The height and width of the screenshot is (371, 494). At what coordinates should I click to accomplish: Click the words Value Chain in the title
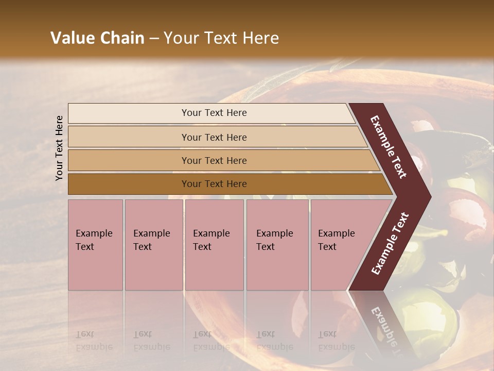point(97,38)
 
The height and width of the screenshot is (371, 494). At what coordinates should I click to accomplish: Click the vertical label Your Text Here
point(60,148)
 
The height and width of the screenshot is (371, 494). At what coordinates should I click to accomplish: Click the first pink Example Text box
point(95,245)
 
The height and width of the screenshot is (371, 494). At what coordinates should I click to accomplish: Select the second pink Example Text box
point(153,245)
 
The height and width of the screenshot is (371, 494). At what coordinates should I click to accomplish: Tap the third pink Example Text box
point(214,245)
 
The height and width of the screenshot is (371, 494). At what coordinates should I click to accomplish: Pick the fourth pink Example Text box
point(277,245)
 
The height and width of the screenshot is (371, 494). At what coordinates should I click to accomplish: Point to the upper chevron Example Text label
point(389,147)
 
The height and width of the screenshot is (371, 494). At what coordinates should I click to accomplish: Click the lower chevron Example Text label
point(390,244)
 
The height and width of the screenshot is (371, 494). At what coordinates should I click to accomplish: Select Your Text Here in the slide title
point(221,38)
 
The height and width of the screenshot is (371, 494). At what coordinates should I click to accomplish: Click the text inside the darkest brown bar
point(214,184)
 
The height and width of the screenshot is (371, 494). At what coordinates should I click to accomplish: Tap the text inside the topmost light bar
point(214,113)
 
